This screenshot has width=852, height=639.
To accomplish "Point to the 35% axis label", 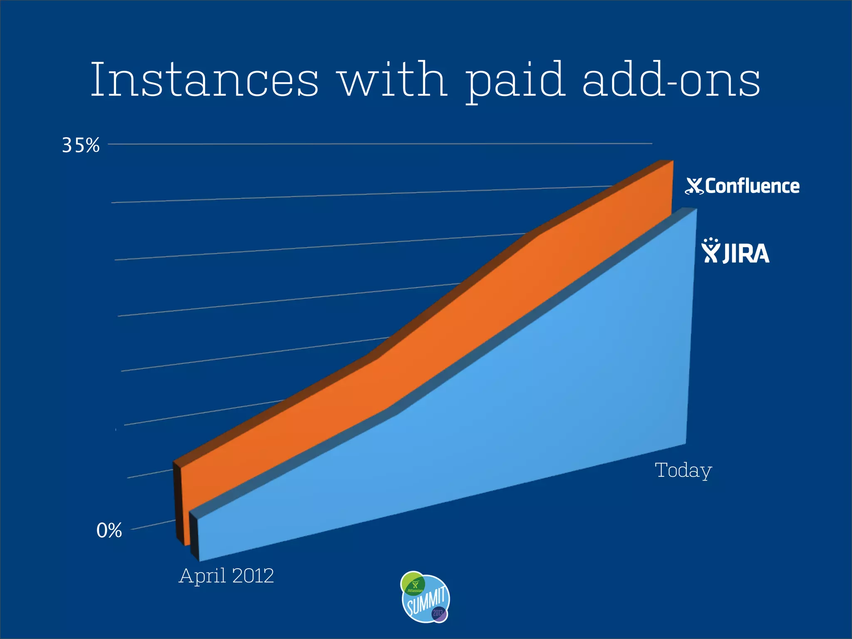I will point(81,145).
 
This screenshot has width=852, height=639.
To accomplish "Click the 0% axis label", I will point(109,530).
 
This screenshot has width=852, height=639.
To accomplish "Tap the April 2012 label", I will point(226,576).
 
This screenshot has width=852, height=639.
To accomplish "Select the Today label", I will point(683,471).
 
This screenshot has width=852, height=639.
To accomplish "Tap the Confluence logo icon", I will point(694,186).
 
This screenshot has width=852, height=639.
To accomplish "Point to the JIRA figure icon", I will point(711,250).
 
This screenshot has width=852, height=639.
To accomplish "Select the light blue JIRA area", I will point(541,416).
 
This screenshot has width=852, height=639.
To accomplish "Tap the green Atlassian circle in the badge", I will point(413,584).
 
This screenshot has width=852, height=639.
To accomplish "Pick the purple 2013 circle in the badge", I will point(438,613).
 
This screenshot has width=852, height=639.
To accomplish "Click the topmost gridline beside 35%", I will point(374,144).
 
